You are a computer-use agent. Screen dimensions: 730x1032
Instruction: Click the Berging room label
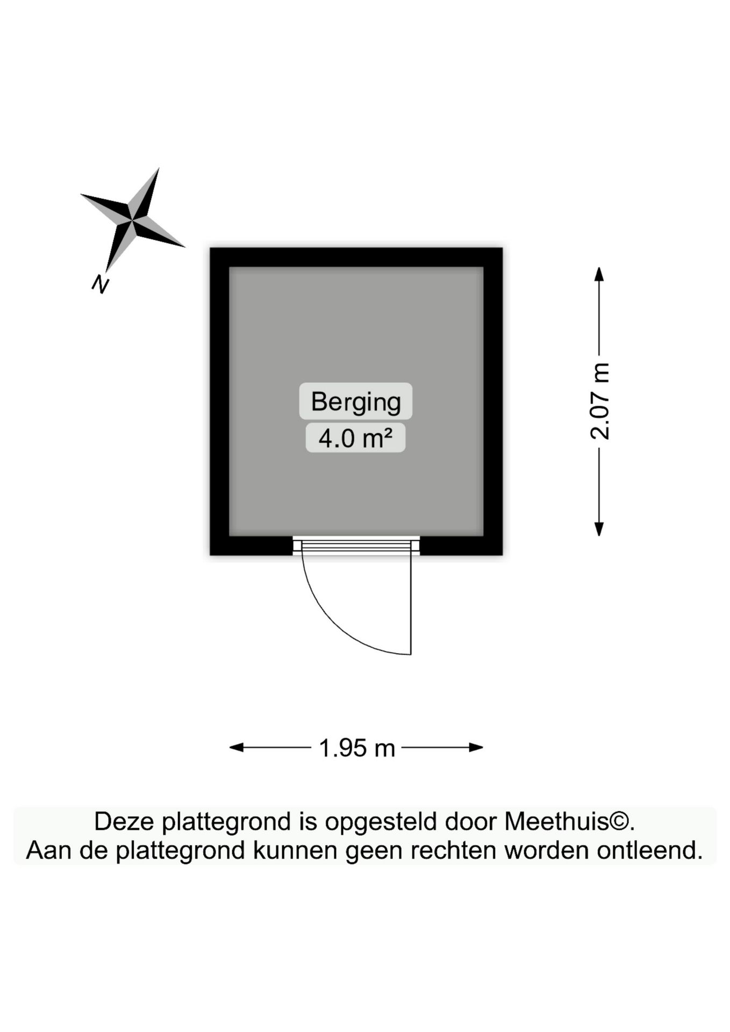point(356,402)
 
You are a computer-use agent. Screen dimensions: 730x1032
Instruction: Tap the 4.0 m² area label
point(355,438)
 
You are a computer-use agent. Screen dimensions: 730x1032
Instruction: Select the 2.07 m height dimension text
point(600,402)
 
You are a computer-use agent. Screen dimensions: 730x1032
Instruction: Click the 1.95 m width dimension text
point(357,748)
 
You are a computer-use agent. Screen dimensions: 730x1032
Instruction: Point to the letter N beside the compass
point(100,284)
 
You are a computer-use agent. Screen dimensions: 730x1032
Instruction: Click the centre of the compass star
point(132,220)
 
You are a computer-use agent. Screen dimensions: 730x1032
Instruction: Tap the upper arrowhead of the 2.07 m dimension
point(599,274)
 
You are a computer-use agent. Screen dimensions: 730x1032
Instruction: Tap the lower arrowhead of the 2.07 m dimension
point(599,529)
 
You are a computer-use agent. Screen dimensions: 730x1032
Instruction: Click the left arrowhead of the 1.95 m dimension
point(237,747)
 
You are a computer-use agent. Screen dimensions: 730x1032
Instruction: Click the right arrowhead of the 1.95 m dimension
point(476,747)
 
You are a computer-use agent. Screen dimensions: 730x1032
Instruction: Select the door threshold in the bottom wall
point(356,546)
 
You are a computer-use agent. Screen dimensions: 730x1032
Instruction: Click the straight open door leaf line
point(411,604)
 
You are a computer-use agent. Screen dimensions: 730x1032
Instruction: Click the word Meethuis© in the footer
point(569,822)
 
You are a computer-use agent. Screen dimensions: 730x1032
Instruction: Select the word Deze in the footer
point(124,822)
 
